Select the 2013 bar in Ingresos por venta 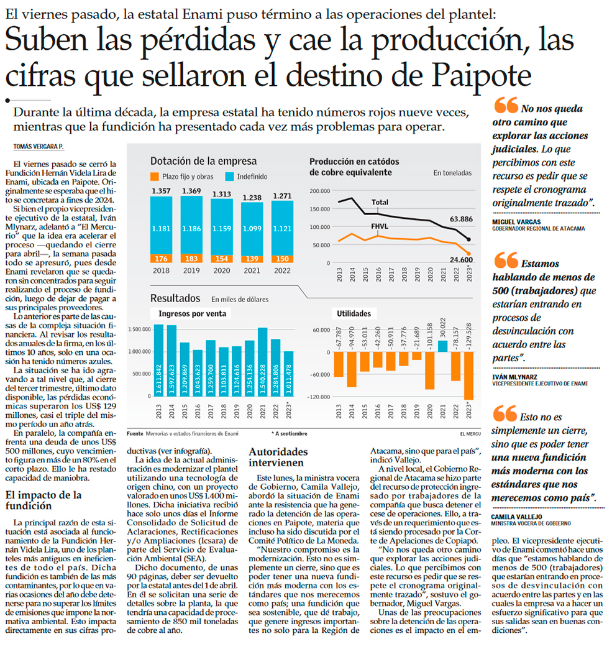pyautogui.click(x=158, y=361)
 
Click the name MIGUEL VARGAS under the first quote pyautogui.click(x=515, y=221)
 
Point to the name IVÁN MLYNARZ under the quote pyautogui.click(x=515, y=377)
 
